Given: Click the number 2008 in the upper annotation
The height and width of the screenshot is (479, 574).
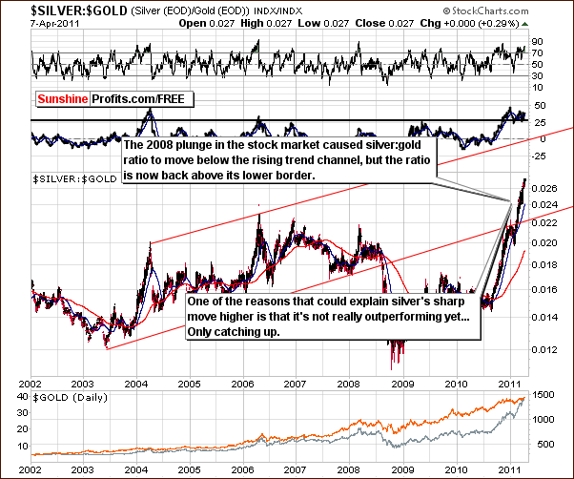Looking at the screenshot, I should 157,144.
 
